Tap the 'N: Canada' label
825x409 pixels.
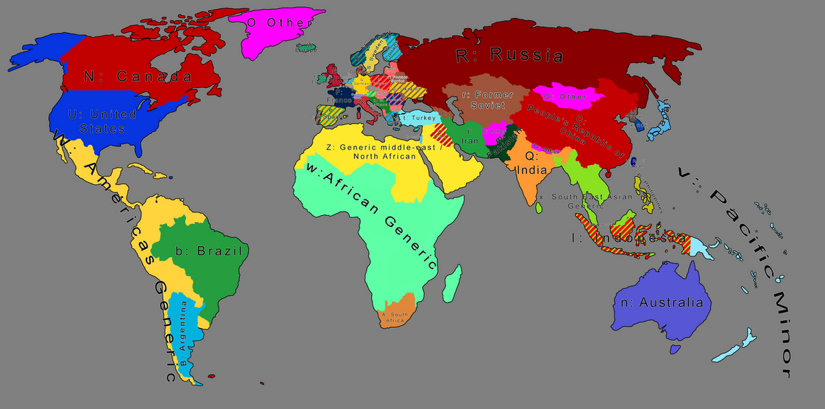point(137,76)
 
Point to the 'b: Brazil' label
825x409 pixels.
point(210,251)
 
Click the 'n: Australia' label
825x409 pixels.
point(662,302)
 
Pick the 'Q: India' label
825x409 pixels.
point(535,162)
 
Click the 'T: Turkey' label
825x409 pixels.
point(418,118)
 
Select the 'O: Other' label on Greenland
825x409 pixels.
point(280,23)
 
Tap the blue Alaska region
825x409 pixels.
point(38,52)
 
